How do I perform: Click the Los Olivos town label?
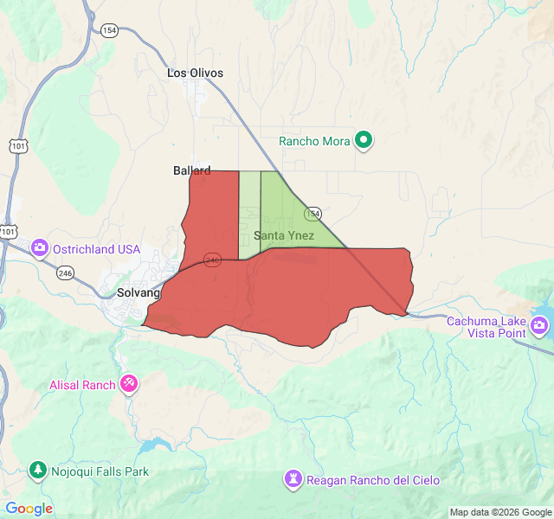[195, 74]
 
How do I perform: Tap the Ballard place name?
[191, 171]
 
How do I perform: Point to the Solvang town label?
[139, 293]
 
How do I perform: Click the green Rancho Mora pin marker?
[364, 139]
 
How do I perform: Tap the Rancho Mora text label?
[314, 141]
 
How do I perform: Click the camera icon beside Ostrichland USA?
[40, 249]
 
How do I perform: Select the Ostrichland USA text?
[96, 249]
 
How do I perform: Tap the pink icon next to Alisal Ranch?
[129, 382]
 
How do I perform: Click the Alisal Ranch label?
[82, 385]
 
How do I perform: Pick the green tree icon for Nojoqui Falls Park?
[37, 470]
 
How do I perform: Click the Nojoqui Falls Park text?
[99, 471]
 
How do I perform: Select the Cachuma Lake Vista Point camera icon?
[539, 325]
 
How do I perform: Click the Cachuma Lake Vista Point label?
[486, 327]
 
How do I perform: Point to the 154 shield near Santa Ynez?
[312, 214]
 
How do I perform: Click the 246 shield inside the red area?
[212, 259]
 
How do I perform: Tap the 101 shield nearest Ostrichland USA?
[8, 232]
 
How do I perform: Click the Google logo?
[29, 509]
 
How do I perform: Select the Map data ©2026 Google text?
[499, 512]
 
